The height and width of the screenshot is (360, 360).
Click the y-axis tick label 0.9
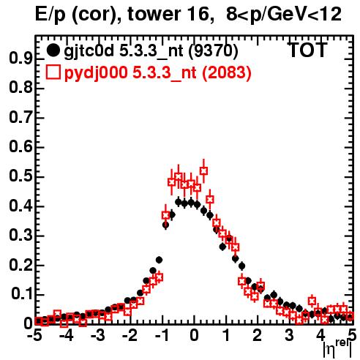(x=20, y=59)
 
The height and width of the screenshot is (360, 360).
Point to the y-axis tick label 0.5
(x=20, y=176)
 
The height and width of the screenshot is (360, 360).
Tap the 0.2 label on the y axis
(x=20, y=265)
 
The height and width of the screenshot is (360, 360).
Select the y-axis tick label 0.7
(x=20, y=117)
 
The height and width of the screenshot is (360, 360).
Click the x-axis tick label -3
(x=98, y=335)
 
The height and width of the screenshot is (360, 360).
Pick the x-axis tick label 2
(x=257, y=335)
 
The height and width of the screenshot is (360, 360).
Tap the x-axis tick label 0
(x=194, y=335)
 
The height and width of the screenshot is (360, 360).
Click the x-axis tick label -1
(x=162, y=335)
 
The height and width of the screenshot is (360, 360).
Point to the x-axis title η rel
(x=337, y=348)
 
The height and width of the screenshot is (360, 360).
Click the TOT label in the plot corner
(x=307, y=50)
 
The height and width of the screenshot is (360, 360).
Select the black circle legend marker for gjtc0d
(x=53, y=50)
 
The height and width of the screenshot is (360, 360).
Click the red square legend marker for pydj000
(x=53, y=72)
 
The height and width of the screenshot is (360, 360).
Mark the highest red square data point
(x=204, y=171)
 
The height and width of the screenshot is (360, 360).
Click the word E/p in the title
(x=50, y=15)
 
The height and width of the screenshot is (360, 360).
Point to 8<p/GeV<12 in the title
(x=284, y=15)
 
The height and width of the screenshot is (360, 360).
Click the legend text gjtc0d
(x=89, y=52)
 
